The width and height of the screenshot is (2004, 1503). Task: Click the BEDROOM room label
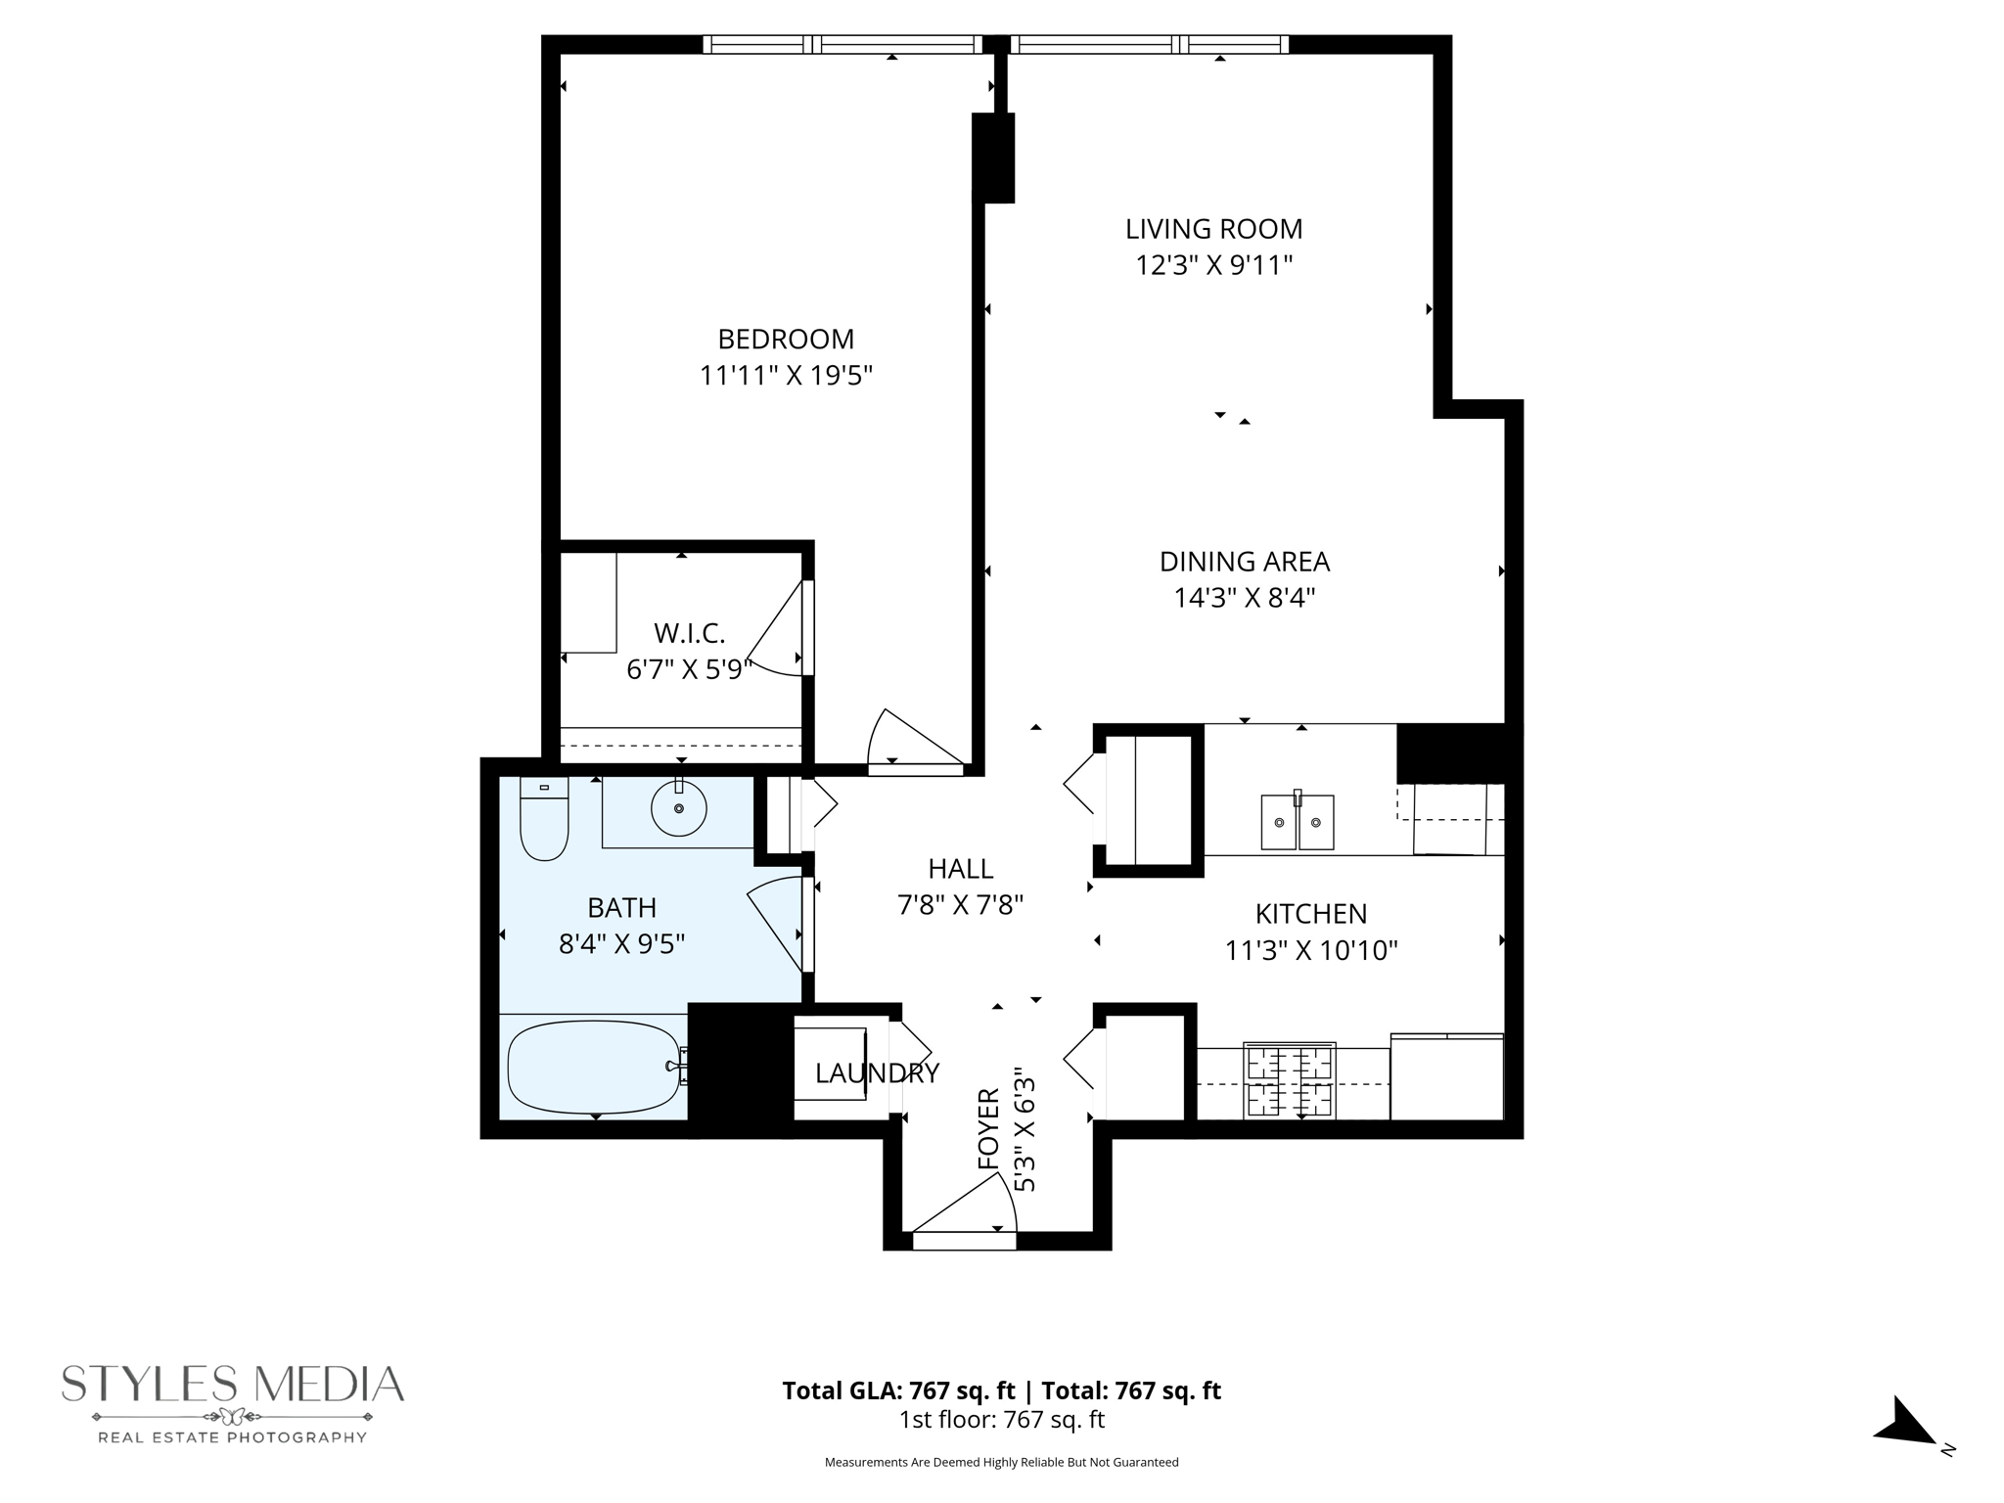(x=786, y=340)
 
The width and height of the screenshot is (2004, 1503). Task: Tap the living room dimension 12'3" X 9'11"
(x=1213, y=265)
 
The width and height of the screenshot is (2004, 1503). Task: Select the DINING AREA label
(x=1244, y=562)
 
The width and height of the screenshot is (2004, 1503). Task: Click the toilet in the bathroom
(x=544, y=820)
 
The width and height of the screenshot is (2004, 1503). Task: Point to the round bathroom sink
(x=678, y=807)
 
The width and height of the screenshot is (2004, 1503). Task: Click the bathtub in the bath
(x=593, y=1067)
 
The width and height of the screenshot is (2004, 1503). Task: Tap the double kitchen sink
(x=1297, y=822)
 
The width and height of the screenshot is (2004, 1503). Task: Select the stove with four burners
(x=1289, y=1080)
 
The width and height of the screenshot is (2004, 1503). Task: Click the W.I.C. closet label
(x=689, y=634)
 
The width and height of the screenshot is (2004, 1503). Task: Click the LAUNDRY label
(x=877, y=1073)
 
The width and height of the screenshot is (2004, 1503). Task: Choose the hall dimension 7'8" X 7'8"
(x=960, y=904)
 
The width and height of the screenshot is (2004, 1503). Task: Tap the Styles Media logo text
(x=233, y=1384)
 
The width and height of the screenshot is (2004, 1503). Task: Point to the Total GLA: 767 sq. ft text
(x=899, y=1390)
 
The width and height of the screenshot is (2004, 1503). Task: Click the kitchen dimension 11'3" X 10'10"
(x=1310, y=950)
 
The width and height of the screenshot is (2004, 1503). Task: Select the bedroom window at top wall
(x=843, y=44)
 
